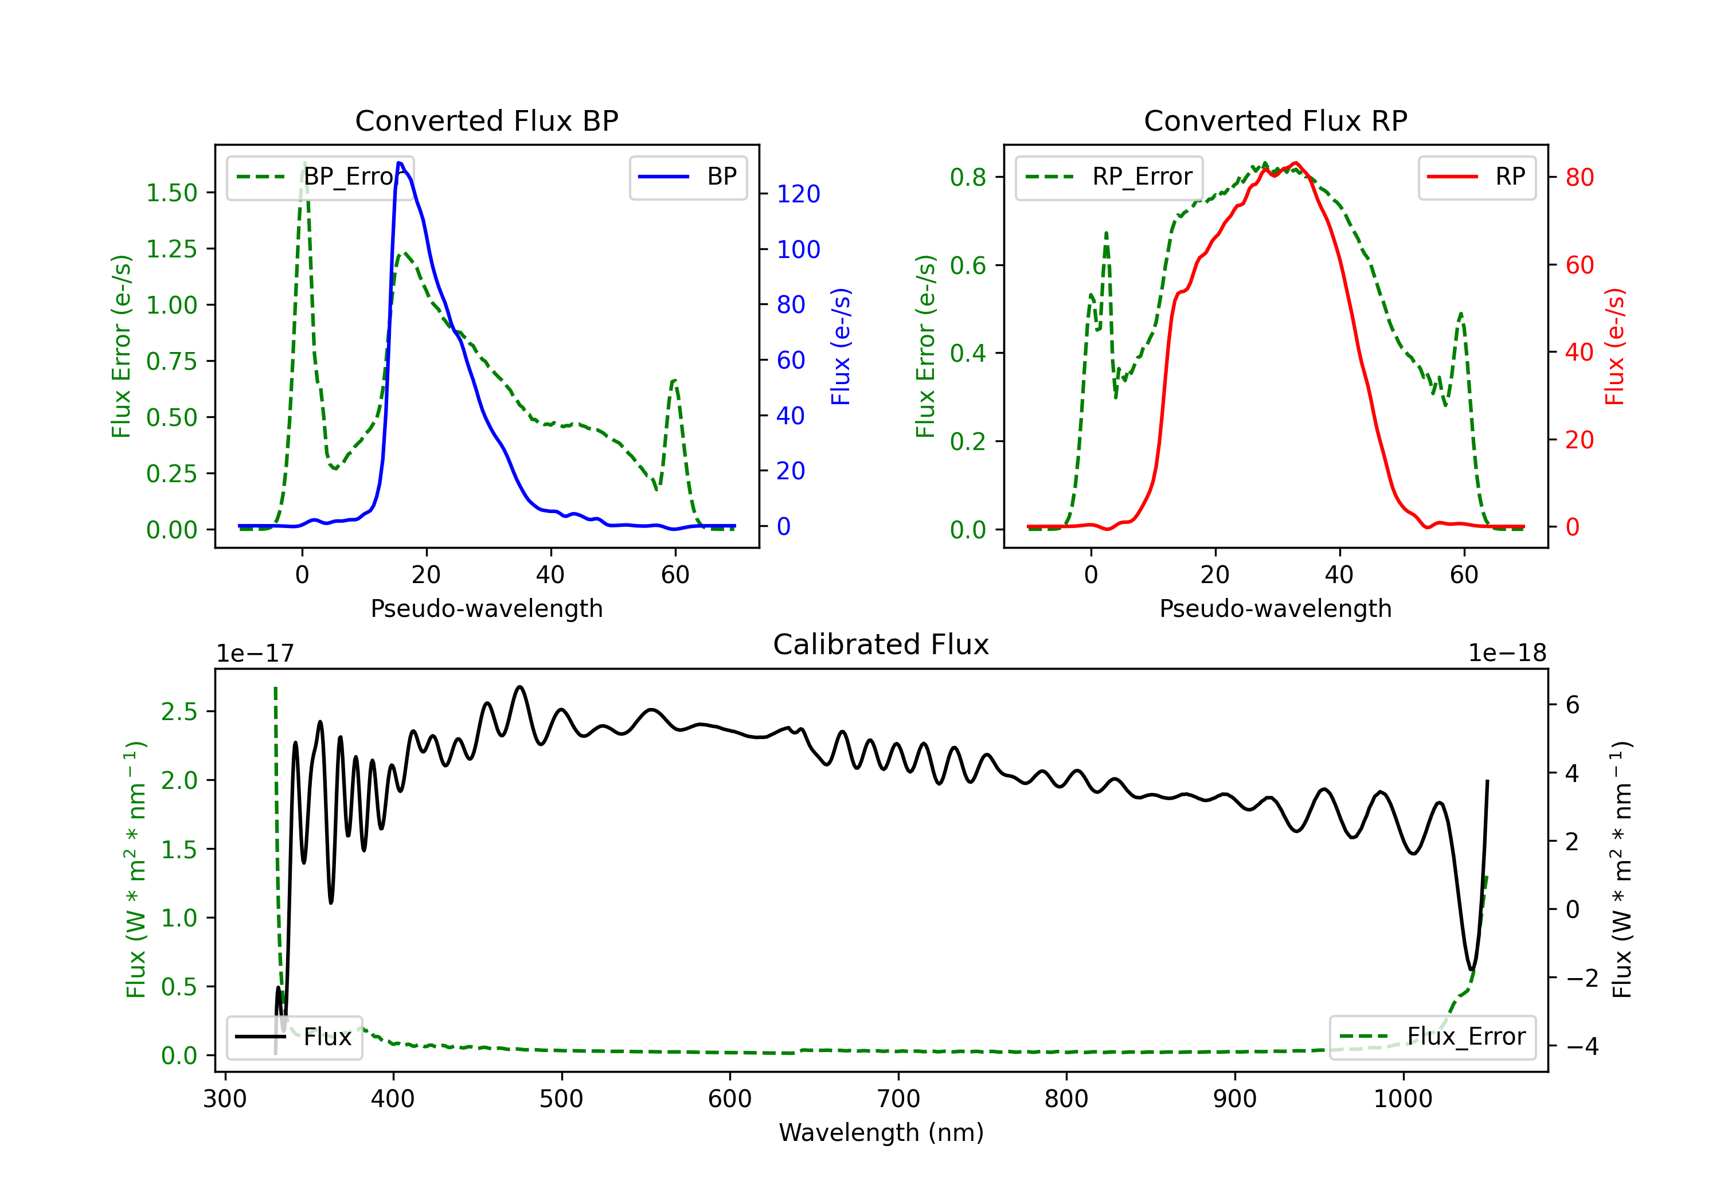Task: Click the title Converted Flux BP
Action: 486,120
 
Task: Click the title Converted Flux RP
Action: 1275,120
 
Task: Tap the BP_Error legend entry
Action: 320,177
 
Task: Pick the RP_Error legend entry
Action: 1109,177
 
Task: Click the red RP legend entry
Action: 1476,177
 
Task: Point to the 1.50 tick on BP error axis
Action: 171,193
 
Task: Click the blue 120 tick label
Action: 798,194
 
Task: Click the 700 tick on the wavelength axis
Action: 897,1099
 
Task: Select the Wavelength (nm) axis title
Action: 881,1132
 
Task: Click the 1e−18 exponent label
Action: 1507,654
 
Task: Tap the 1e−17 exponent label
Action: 256,654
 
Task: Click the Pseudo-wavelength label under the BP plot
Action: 486,608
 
